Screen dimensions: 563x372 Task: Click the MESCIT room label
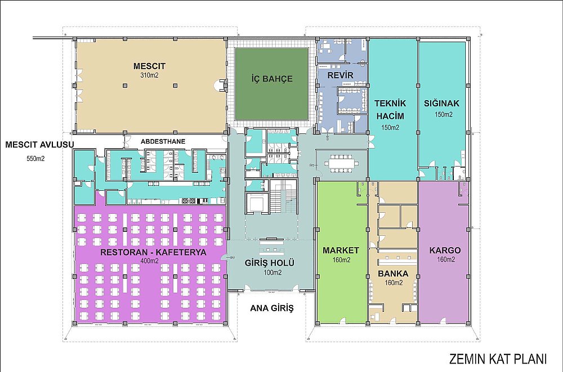point(149,66)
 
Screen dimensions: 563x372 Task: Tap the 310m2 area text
point(150,75)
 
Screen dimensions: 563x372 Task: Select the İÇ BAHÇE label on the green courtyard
point(272,79)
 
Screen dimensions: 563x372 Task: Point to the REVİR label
point(340,75)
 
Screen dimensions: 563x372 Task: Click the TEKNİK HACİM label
point(390,110)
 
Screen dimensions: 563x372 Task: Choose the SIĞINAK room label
point(441,104)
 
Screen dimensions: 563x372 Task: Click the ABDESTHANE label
point(163,141)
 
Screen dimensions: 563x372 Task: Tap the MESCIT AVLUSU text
point(39,145)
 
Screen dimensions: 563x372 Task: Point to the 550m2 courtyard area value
point(35,158)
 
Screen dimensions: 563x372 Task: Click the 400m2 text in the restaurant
point(149,261)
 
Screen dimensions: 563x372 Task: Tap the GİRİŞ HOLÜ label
point(269,263)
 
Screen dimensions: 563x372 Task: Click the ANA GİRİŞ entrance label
point(272,308)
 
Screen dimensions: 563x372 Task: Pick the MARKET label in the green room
point(341,250)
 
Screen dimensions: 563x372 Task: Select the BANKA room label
point(393,274)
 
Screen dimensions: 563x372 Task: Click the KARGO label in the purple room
point(445,250)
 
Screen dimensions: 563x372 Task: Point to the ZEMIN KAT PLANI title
point(498,358)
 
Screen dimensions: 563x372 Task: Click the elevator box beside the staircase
point(256,203)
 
